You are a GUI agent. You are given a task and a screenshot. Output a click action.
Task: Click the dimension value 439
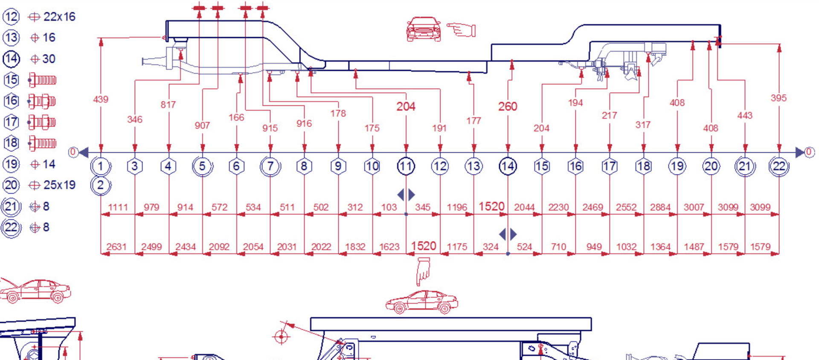101,99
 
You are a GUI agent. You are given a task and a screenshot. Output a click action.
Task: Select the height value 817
168,105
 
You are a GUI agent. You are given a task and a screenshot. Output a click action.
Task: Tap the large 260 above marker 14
508,106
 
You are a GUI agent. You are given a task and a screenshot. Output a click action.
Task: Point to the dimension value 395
778,98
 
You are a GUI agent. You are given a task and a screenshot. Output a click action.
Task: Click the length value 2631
116,247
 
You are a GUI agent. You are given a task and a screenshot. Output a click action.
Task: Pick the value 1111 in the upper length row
118,207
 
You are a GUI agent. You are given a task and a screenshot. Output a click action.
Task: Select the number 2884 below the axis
660,207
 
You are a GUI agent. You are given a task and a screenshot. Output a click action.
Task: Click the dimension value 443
745,116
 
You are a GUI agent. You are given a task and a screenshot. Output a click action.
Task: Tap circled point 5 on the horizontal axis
203,166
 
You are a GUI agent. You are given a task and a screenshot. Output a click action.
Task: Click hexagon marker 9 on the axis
338,166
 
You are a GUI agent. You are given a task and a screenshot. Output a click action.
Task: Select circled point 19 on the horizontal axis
677,166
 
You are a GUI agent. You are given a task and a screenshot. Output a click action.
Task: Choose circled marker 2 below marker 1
101,186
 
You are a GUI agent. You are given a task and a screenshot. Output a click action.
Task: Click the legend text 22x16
59,17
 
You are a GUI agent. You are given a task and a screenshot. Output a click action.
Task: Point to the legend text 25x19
59,185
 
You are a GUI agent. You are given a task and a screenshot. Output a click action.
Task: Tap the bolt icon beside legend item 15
42,80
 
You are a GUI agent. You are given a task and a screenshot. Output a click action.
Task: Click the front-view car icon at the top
424,29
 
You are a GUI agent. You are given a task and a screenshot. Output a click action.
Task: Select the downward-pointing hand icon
424,271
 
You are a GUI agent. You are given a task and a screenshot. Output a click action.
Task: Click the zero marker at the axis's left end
73,152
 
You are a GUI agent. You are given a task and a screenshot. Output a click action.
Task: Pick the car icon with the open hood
35,290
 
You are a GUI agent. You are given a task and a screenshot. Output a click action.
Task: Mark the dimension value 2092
219,247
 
